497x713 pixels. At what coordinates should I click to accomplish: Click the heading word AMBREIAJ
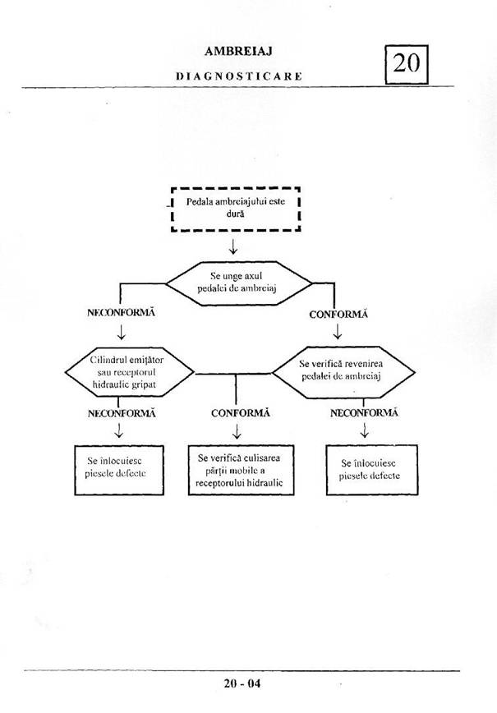pos(238,51)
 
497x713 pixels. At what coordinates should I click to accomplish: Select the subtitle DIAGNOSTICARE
pos(239,76)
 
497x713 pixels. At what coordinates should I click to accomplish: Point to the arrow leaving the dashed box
pos(234,246)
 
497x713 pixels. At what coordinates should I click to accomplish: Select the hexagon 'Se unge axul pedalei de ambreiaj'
pos(239,283)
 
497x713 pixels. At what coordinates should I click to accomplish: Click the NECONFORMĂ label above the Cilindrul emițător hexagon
pos(121,313)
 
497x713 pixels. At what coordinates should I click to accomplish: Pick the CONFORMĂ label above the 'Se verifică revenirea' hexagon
pos(338,314)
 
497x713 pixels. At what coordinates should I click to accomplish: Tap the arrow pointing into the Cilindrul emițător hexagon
pos(122,332)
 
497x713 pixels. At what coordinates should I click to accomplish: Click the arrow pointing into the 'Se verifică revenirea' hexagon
pos(337,332)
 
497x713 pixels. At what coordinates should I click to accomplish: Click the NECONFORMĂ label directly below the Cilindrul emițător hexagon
pos(122,412)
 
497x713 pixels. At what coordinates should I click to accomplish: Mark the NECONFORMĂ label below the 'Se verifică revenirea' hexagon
pos(364,412)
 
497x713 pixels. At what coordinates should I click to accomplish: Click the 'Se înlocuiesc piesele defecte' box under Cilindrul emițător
pos(120,470)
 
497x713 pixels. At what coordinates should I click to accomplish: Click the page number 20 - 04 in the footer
pos(242,683)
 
